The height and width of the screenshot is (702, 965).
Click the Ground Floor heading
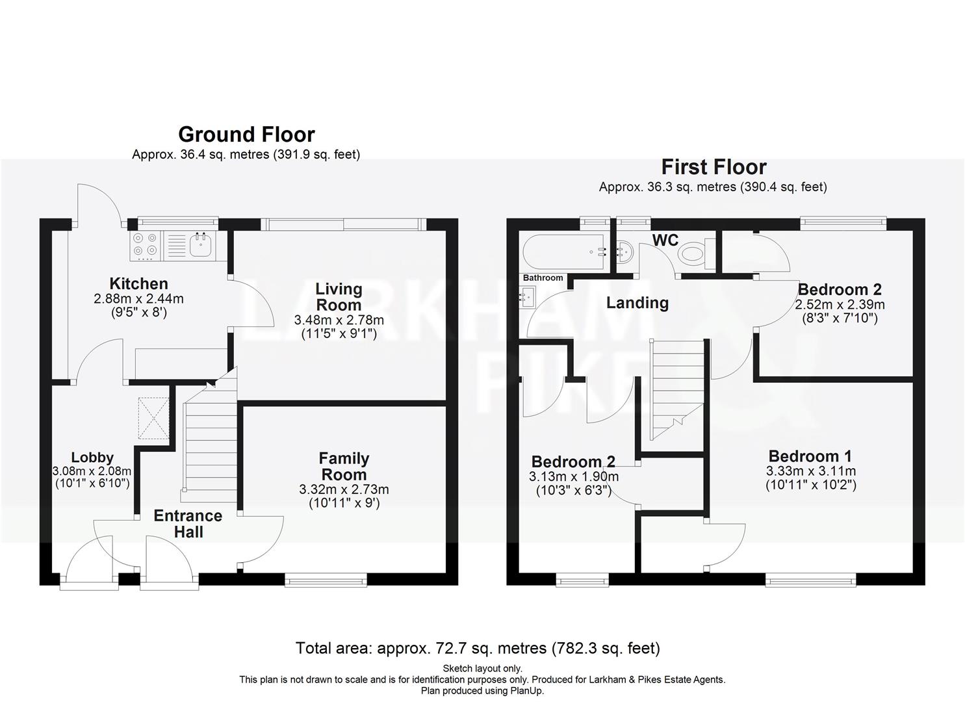click(246, 135)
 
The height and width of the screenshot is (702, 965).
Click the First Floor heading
click(714, 167)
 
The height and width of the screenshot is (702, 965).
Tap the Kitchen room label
click(138, 283)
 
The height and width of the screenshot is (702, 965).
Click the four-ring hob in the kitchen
click(146, 244)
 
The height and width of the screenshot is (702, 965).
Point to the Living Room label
click(339, 296)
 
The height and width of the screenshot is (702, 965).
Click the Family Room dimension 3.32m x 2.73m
click(344, 489)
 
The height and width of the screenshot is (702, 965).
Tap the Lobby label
click(92, 458)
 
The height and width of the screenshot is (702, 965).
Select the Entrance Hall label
click(188, 523)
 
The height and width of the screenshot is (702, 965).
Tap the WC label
click(665, 240)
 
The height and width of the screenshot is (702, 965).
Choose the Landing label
click(637, 303)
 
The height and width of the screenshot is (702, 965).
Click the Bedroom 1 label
click(810, 456)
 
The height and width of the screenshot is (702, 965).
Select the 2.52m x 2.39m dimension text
click(840, 304)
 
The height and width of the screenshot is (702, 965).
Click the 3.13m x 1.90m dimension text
click(573, 476)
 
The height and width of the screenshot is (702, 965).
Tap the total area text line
click(478, 648)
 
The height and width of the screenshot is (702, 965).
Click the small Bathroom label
click(543, 278)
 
